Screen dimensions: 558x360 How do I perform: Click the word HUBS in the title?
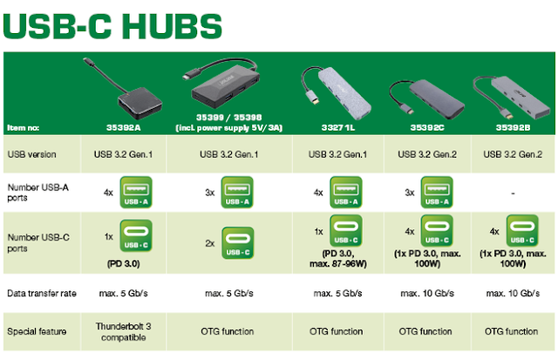coord(173,26)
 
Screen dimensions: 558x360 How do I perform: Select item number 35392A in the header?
coord(124,128)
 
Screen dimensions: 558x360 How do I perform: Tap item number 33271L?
coord(338,128)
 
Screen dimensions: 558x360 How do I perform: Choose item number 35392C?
coord(427,128)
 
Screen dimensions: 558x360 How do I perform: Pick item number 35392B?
coord(513,128)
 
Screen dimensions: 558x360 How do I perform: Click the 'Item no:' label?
coord(24,128)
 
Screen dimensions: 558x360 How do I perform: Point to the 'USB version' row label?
coord(31,154)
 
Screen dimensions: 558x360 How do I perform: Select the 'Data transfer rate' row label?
coord(42,293)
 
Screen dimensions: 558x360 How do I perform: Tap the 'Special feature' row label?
coord(37,331)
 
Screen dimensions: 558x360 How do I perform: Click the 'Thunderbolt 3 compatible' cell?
coord(124,331)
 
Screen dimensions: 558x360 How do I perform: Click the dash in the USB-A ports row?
coord(513,194)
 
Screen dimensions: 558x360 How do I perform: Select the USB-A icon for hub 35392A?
coord(136,192)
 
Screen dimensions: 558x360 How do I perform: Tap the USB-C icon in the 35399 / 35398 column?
coord(237,243)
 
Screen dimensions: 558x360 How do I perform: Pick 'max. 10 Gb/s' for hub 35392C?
coord(427,293)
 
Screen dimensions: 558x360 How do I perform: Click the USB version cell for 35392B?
coord(513,154)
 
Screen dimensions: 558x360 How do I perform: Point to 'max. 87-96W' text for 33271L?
coord(338,263)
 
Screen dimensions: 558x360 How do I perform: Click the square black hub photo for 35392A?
coord(139,103)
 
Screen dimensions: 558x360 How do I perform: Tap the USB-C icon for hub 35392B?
coord(522,230)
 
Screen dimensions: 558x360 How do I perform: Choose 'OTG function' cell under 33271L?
coord(337,331)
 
